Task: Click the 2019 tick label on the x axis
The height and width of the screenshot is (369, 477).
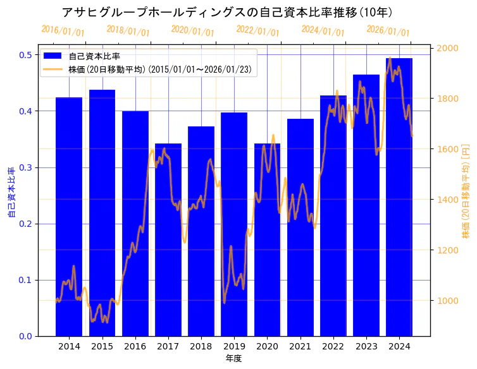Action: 234,346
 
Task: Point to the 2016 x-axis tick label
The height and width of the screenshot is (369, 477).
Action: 135,346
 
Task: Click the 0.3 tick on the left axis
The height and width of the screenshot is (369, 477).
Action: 26,167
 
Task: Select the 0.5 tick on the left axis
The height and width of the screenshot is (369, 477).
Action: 26,55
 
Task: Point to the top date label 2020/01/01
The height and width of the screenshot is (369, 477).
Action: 193,31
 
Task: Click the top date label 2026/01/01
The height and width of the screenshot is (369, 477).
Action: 388,31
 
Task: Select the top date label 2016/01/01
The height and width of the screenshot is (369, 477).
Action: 63,31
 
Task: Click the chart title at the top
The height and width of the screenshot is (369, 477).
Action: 227,12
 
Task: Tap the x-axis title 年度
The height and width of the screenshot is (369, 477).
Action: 234,358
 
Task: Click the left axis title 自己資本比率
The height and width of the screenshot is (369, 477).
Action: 11,193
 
